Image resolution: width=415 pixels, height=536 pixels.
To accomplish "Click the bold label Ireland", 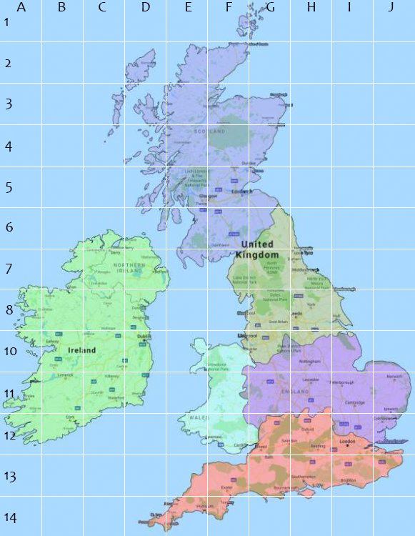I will pos(82,351).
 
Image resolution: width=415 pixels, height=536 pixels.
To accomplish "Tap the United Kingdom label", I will pos(257,249).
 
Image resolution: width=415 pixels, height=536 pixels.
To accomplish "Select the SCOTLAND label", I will pos(210,131).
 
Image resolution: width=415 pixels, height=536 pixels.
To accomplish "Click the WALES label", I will pos(198,417).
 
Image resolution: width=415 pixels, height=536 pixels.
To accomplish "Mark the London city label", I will pos(348,442).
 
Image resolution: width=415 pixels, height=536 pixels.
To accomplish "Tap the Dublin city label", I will pos(144,337).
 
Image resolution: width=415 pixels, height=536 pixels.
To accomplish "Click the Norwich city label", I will pos(394,377).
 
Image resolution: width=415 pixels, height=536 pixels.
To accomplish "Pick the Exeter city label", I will pos(227,488).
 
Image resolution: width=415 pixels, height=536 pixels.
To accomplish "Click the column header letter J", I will pos(391,8).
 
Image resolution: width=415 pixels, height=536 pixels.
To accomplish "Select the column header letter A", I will pos(21,8).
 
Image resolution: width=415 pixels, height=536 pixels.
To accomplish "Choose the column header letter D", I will pos(145,8).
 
